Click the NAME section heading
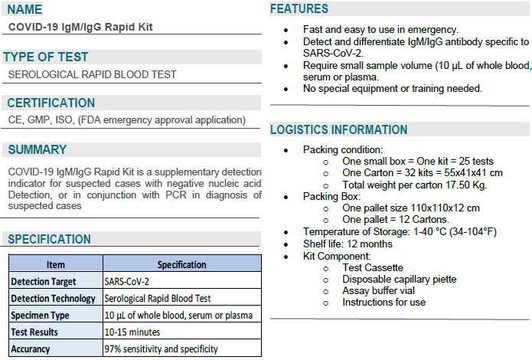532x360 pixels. (x=26, y=10)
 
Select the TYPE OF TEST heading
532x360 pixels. (x=46, y=57)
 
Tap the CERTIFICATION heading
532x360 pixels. (x=51, y=103)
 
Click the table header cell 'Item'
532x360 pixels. (x=55, y=265)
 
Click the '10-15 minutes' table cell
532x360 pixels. (x=132, y=332)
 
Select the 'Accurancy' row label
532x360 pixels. (x=31, y=349)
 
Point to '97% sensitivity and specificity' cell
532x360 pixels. (x=161, y=349)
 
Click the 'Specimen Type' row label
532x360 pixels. (x=40, y=316)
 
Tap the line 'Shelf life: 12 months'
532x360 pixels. (x=348, y=244)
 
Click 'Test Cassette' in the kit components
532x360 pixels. (x=373, y=268)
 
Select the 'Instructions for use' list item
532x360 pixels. (x=383, y=303)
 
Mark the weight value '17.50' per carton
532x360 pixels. (x=455, y=185)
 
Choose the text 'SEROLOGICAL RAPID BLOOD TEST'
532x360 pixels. (x=92, y=74)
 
